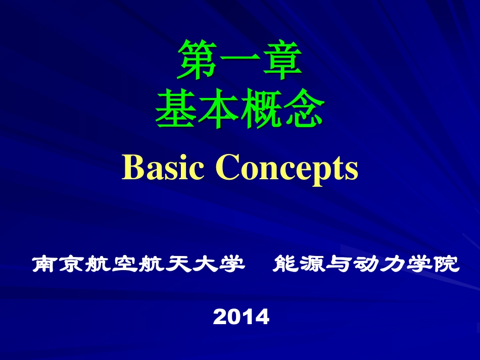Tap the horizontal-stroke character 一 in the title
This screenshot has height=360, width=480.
(x=239, y=62)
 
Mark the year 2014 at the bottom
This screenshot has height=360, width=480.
(x=241, y=317)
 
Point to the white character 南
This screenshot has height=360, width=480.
(x=44, y=264)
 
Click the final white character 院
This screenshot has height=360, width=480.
(x=448, y=264)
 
